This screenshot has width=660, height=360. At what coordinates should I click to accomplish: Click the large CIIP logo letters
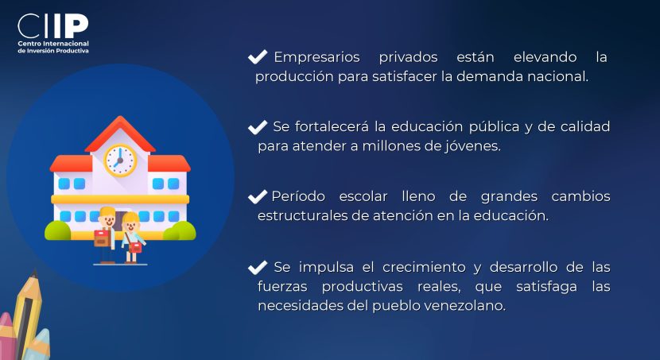(x=53, y=26)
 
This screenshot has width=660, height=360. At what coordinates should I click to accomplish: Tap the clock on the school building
(x=120, y=161)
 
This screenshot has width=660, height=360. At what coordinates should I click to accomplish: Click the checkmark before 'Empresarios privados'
(x=258, y=56)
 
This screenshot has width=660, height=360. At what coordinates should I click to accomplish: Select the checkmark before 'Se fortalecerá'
(x=258, y=127)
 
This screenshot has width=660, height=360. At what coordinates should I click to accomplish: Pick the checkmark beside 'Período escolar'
(x=258, y=197)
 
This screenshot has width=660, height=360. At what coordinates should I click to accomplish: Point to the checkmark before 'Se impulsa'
(x=258, y=268)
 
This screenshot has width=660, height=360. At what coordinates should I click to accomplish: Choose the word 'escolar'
(x=363, y=196)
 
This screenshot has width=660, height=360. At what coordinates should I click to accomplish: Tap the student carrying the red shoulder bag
(x=132, y=238)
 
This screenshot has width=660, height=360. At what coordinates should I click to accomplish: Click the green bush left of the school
(x=58, y=231)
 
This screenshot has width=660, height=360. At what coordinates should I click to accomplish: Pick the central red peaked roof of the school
(x=120, y=134)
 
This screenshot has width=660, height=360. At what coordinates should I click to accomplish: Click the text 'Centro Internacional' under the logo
(x=53, y=44)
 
